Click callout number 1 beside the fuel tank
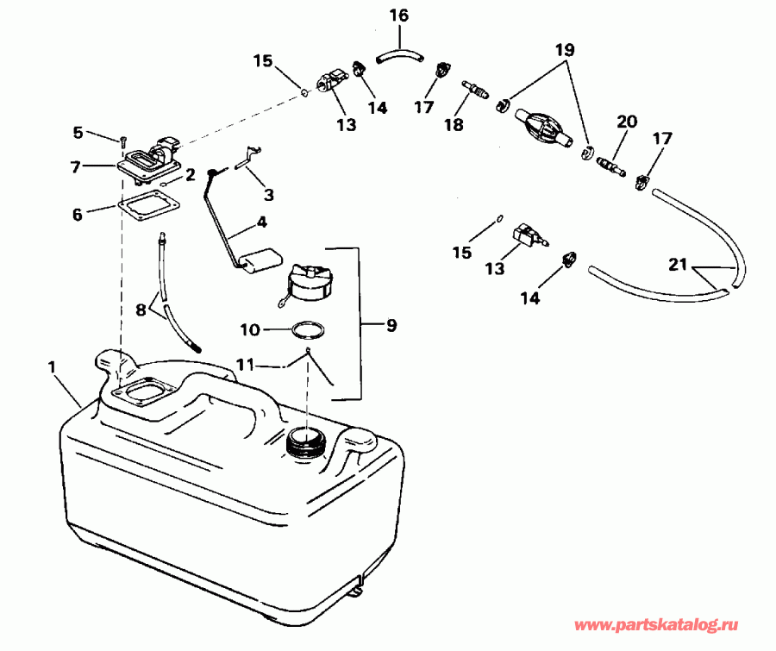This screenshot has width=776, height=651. (x=53, y=366)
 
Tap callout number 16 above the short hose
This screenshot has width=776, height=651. (x=398, y=16)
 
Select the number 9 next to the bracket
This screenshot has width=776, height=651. (x=391, y=326)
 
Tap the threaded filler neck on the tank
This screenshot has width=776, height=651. (x=304, y=441)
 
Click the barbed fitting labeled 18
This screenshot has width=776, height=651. (x=474, y=88)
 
